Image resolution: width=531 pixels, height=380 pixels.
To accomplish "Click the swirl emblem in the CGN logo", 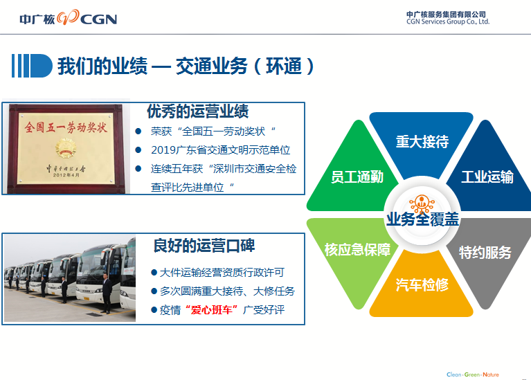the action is (x=68, y=17).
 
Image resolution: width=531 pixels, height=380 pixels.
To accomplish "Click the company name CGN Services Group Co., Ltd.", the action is (x=448, y=21).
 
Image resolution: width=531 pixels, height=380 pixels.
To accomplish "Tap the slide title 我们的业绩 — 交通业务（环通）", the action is (x=186, y=66).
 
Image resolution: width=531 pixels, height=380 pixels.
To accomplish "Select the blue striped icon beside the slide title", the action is (x=32, y=66).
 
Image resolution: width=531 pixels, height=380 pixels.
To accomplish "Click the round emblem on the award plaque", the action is (x=66, y=147).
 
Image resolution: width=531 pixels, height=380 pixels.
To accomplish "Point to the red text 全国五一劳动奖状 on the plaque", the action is (x=66, y=127).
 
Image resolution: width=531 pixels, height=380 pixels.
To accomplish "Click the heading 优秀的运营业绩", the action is (x=198, y=111).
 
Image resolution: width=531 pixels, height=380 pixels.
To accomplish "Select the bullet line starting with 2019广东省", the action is (x=220, y=150).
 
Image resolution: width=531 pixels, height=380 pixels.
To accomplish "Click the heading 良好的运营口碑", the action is (x=204, y=246).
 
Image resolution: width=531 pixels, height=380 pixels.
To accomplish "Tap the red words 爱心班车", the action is (x=212, y=309).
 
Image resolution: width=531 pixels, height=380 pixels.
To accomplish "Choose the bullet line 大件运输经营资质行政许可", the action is (x=222, y=272).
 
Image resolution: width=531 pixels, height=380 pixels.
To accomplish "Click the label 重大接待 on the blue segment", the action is (x=422, y=142).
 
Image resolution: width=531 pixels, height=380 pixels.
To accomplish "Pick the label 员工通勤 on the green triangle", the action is (x=357, y=177).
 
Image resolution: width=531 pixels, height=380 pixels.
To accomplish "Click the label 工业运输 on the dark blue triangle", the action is (x=487, y=177).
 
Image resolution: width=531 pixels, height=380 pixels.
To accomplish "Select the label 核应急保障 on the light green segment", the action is (x=357, y=250).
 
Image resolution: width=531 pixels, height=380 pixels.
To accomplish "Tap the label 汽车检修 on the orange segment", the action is (x=422, y=285).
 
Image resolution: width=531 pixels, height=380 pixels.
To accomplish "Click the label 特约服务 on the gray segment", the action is (x=485, y=253).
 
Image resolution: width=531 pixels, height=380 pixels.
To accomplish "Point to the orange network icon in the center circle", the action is (x=422, y=204).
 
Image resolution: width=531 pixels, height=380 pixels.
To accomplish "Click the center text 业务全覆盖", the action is (x=422, y=219).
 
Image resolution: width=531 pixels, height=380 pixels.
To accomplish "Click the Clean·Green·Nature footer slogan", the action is (x=472, y=374).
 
